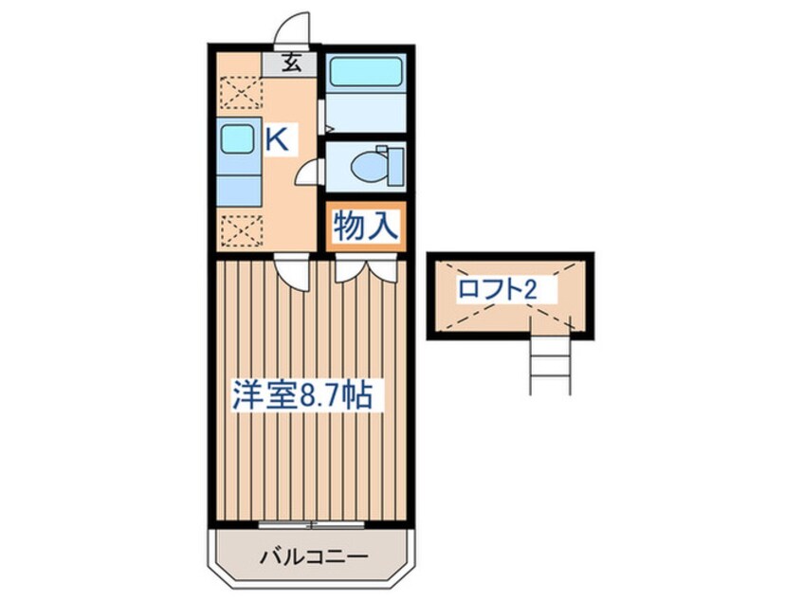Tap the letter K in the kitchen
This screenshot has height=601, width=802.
pyautogui.click(x=276, y=141)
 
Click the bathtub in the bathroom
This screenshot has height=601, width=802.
pyautogui.click(x=366, y=73)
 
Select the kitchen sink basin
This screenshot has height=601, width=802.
pyautogui.click(x=237, y=139)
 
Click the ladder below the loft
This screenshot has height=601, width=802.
pyautogui.click(x=551, y=365)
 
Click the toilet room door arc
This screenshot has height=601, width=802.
pyautogui.click(x=309, y=174)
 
